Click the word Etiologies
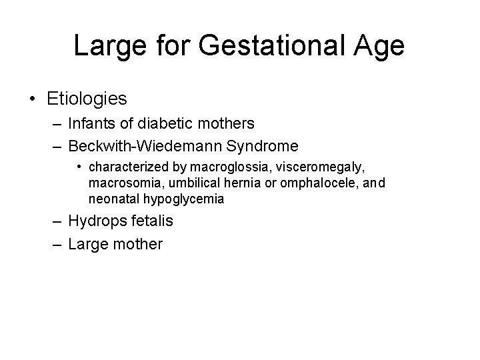click(x=87, y=99)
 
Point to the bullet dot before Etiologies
click(x=33, y=100)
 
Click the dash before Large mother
click(x=55, y=245)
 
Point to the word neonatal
click(x=111, y=197)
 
